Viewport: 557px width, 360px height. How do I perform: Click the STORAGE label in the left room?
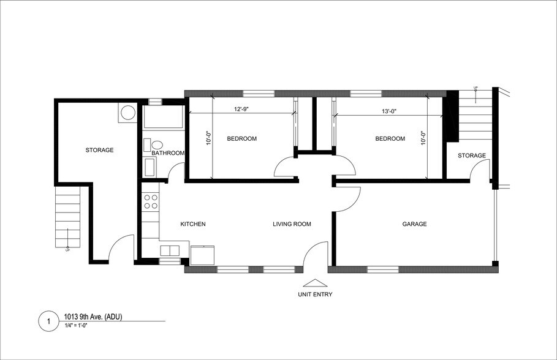coord(99,150)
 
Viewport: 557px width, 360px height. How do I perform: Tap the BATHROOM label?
coord(168,153)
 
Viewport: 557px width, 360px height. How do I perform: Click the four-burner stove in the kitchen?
coord(151,203)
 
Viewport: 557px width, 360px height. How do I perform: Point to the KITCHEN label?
coord(193,224)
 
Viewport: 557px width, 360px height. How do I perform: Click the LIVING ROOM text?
coord(292,224)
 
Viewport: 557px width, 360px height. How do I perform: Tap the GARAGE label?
coord(414,224)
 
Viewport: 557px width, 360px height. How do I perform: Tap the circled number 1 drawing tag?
coord(48,321)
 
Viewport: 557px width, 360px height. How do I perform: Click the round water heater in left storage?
coord(128,113)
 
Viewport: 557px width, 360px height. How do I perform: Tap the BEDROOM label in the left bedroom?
coord(241,139)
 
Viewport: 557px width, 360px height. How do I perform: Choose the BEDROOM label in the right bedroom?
coord(390,139)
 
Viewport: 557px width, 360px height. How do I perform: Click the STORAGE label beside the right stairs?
coord(472,156)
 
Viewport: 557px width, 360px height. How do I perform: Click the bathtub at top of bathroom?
coord(163,118)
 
